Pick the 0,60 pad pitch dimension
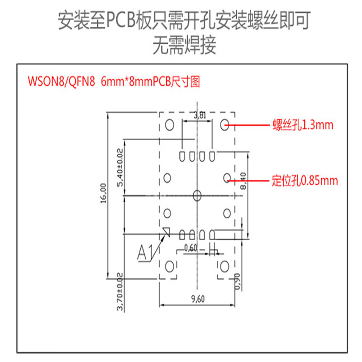click(x=191, y=248)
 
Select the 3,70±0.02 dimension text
click(x=120, y=292)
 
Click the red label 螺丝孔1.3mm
click(x=303, y=125)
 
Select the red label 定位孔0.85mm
click(x=305, y=181)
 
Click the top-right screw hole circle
click(x=225, y=124)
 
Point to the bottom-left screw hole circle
click(x=171, y=266)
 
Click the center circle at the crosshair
click(x=197, y=195)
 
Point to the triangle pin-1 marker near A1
click(x=166, y=232)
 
